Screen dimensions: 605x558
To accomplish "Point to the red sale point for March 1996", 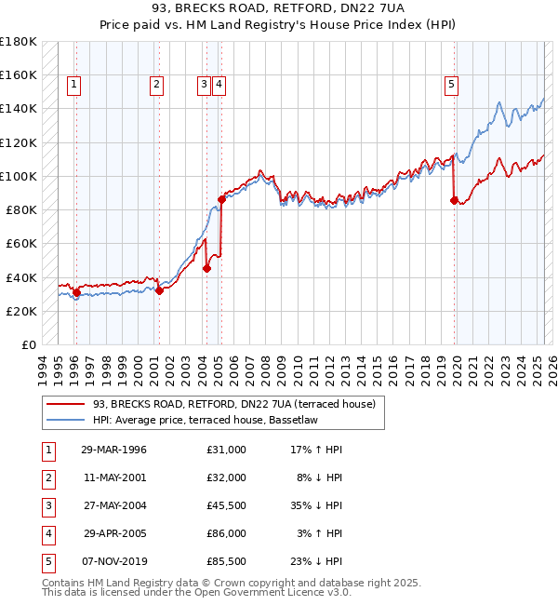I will point(76,292).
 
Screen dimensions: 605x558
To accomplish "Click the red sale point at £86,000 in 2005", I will point(221,198).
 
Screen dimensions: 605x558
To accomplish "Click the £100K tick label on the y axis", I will point(19,176).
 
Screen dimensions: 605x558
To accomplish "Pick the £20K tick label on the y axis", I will point(22,311).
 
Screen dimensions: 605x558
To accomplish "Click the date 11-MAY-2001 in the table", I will point(113,477).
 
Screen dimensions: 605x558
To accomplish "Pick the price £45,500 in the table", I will point(227,505).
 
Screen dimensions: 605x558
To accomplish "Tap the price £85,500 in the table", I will point(227,561).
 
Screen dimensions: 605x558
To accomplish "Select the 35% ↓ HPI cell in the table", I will point(316,505).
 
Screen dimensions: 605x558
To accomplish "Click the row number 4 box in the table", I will point(48,533).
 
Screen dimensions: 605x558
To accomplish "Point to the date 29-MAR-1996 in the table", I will point(113,450).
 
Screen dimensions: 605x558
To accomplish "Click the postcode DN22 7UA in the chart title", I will point(357,9).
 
